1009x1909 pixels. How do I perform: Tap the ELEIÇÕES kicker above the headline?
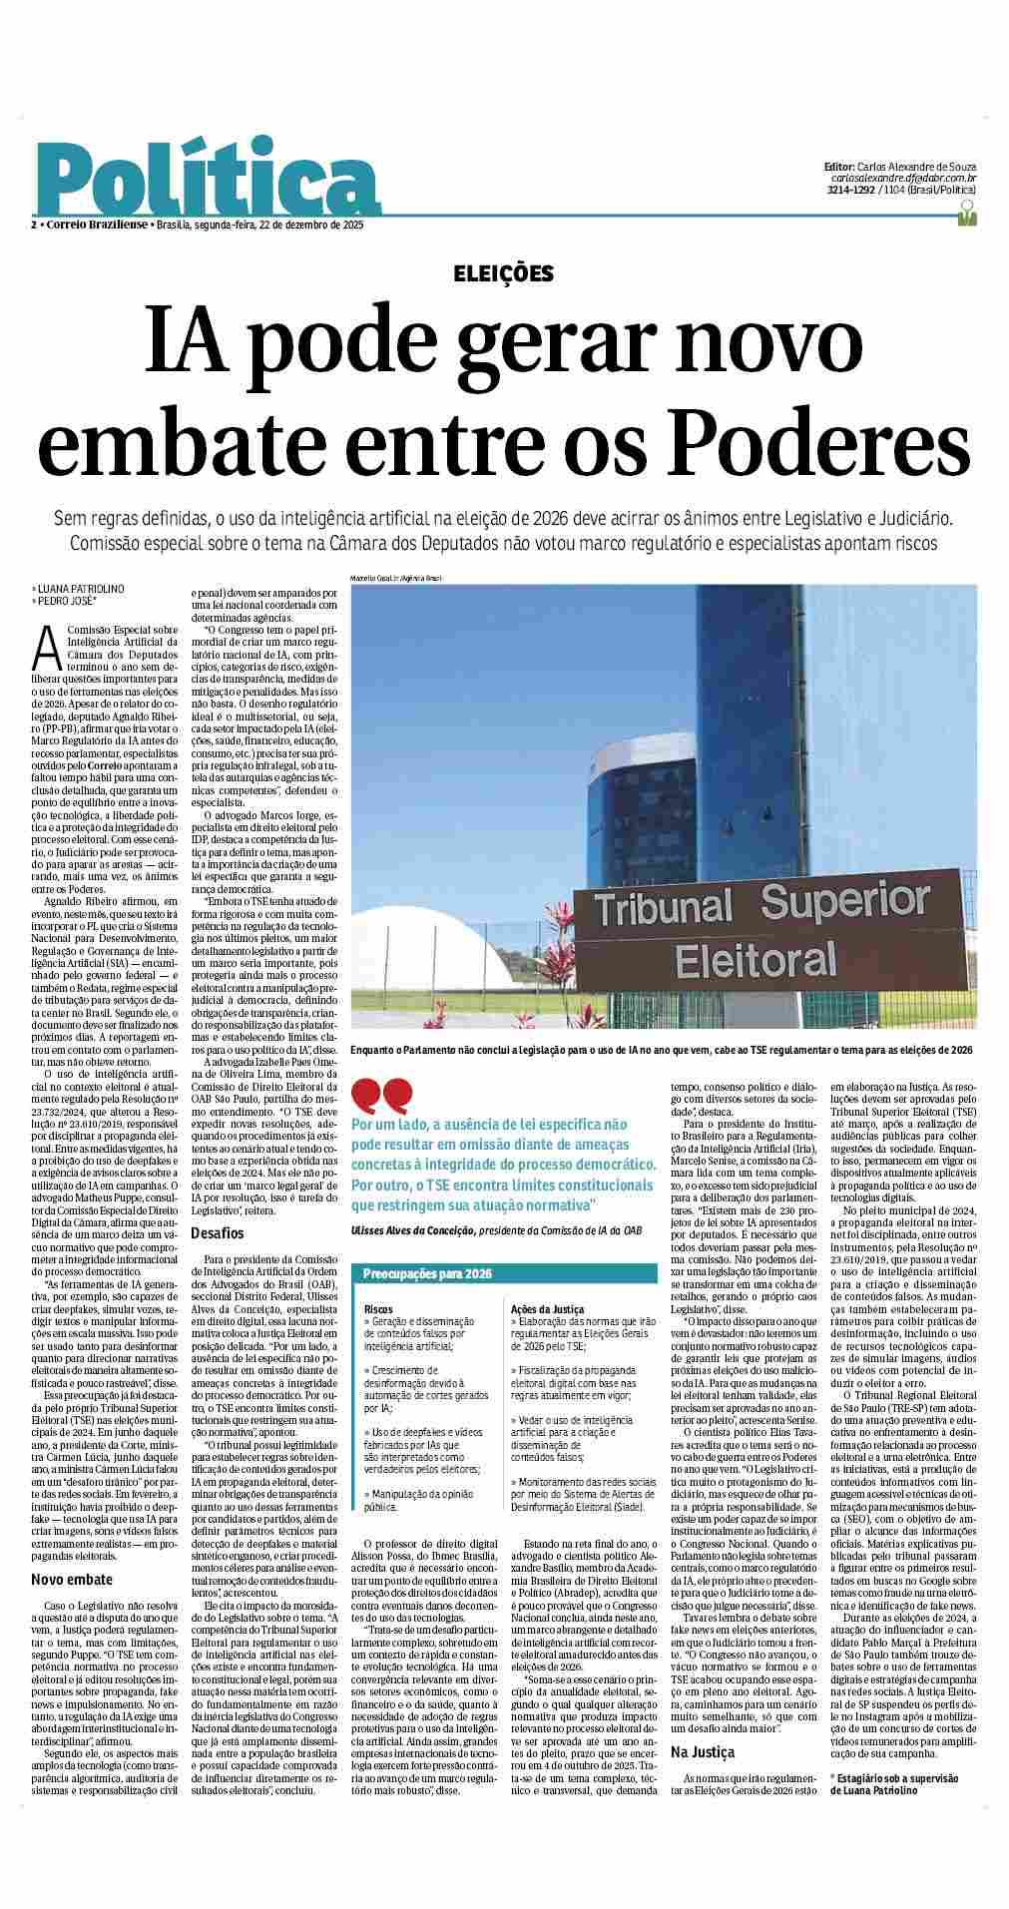(x=504, y=273)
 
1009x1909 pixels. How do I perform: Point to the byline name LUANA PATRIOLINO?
(x=77, y=590)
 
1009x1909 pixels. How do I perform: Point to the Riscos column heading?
(x=378, y=1308)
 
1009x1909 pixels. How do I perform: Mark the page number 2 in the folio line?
(x=34, y=226)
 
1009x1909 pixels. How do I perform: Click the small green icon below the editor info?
(x=965, y=212)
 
